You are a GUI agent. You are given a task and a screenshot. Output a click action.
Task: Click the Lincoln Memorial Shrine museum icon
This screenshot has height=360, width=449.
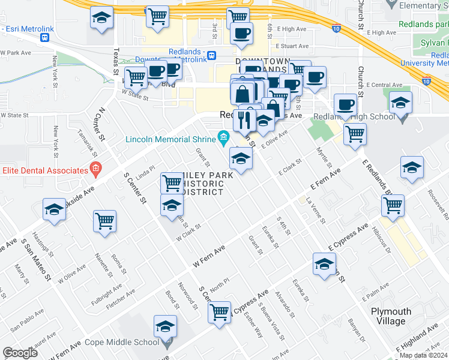click(223, 139)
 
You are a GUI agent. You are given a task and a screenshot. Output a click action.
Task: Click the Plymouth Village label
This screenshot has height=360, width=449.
click(391, 316)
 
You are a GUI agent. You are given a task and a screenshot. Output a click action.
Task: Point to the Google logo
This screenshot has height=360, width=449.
click(19, 353)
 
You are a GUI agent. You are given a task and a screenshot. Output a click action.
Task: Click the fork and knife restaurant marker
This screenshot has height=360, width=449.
click(244, 119)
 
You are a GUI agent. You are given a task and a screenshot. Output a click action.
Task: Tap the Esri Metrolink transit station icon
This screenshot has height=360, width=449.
click(44, 37)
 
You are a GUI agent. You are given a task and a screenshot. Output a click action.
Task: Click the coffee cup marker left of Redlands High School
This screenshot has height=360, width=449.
click(345, 105)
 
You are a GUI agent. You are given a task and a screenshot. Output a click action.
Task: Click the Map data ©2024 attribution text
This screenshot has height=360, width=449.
click(423, 355)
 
